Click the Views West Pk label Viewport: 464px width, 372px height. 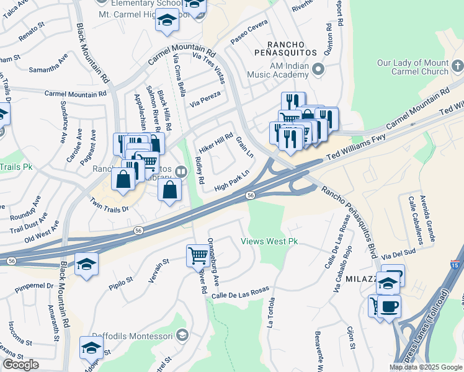tap(265, 241)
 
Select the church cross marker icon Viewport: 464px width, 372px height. tap(458, 64)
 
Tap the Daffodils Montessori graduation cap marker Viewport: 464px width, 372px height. tap(182, 335)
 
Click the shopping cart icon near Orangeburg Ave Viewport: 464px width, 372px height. tap(198, 254)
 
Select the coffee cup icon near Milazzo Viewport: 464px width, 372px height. tap(389, 306)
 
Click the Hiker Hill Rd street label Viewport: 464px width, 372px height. tap(215, 144)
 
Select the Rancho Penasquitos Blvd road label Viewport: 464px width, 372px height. tap(349, 215)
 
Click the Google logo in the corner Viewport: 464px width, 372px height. tap(20, 365)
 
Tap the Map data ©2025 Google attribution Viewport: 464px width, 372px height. tap(425, 367)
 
